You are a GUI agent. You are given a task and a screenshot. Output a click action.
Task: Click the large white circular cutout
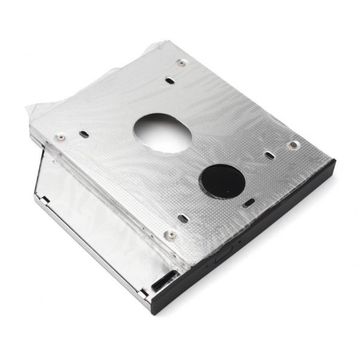[162, 131]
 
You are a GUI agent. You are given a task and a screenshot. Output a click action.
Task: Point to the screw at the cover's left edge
[60, 138]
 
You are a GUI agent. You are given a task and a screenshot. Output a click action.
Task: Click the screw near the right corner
[292, 145]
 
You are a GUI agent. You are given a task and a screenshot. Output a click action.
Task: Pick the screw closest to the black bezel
[170, 234]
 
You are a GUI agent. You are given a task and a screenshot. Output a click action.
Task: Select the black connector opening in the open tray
[164, 280]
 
